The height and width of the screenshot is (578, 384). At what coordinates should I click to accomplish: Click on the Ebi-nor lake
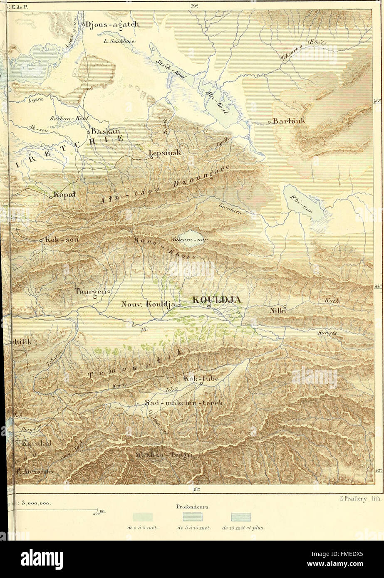pyautogui.click(x=304, y=203)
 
